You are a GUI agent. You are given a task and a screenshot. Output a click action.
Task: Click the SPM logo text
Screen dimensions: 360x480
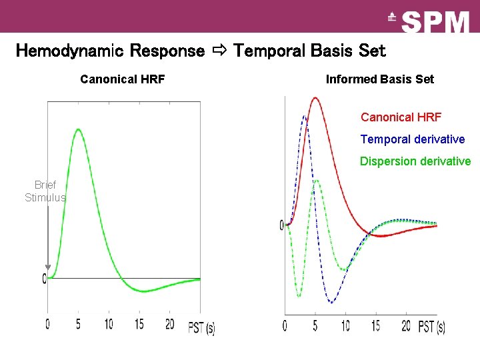[x=436, y=22]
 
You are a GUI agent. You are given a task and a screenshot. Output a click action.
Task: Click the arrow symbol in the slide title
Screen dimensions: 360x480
[x=219, y=51]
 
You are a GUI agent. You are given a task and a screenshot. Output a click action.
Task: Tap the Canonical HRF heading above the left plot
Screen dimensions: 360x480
[x=123, y=80]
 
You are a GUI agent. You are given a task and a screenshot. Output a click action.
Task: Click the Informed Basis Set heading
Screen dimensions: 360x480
[x=379, y=79]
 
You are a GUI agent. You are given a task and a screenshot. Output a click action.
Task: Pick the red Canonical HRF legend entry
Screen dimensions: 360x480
[x=401, y=117]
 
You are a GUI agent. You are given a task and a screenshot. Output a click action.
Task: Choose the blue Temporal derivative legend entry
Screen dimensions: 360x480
[x=412, y=139]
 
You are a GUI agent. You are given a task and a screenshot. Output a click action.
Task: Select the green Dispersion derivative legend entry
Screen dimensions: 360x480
[x=415, y=161]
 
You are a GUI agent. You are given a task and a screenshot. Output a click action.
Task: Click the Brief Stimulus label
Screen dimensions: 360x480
[x=45, y=191]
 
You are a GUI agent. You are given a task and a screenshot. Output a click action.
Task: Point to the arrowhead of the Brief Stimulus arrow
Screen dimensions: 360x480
[x=47, y=268]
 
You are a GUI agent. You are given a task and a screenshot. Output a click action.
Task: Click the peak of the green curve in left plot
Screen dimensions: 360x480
[x=78, y=129]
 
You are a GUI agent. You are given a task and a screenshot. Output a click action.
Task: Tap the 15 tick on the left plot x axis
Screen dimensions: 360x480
[x=139, y=324]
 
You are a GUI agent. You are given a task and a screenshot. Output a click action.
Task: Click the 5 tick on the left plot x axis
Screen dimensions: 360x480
[x=78, y=324]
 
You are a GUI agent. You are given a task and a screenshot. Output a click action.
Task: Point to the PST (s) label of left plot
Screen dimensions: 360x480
[x=201, y=327]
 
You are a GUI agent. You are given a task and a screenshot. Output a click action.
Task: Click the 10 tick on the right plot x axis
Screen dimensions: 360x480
[x=345, y=326]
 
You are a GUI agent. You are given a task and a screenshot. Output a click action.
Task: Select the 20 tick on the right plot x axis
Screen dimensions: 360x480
[x=406, y=326]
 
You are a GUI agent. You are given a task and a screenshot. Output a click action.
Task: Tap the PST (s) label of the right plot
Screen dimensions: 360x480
[x=431, y=327]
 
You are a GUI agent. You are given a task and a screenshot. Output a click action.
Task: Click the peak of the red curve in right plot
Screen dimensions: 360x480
[x=315, y=98]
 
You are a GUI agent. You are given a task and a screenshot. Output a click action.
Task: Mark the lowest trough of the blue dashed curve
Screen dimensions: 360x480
[x=331, y=303]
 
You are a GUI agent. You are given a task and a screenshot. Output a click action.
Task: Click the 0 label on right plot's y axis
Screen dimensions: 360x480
[x=282, y=225]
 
